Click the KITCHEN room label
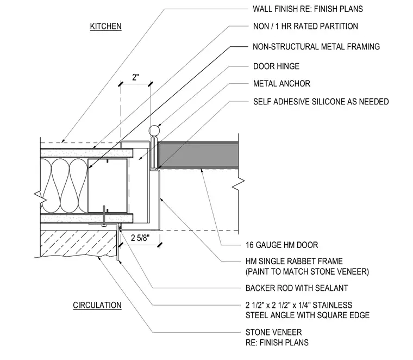[105, 26]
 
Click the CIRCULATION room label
[97, 305]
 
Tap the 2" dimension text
[135, 77]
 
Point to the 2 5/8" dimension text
[140, 238]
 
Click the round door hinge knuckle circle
[154, 131]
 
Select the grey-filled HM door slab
[198, 155]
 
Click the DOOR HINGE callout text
[276, 66]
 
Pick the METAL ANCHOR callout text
[281, 84]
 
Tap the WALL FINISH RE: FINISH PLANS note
[308, 9]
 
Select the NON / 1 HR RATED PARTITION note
[305, 26]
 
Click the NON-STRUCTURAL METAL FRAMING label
[316, 47]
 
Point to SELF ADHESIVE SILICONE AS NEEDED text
[321, 102]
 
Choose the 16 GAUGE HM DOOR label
[282, 245]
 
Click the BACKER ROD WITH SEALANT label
[297, 288]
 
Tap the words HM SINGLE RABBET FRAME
[294, 261]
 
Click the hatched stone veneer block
[78, 243]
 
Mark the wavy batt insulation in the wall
[64, 186]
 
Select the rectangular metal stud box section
[108, 185]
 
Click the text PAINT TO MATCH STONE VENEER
[307, 272]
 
